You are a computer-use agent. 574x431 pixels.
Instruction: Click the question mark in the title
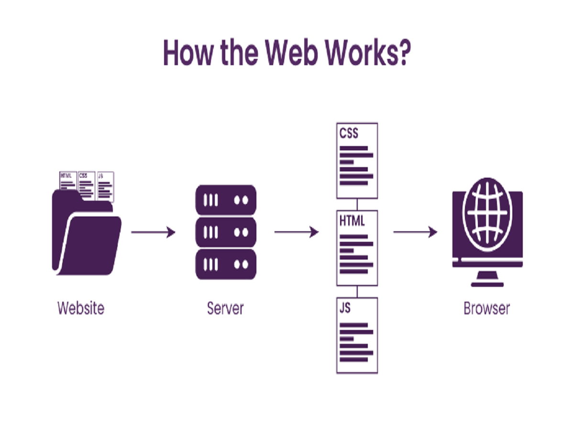pos(401,52)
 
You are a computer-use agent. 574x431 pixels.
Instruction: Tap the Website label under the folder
pos(80,307)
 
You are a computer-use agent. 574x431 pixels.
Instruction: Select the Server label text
pos(225,307)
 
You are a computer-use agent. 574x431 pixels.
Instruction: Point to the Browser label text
pos(486,307)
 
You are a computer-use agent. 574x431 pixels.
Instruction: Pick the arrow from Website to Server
pos(153,233)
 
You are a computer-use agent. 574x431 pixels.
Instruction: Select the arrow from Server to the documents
pos(296,233)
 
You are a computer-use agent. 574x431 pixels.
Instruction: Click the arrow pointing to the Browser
pos(415,233)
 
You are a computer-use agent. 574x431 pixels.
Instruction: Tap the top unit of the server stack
pos(225,200)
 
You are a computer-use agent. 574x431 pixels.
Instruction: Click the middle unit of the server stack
pos(225,232)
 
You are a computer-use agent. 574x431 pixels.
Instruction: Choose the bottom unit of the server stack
pos(225,264)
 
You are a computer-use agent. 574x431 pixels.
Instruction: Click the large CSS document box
pos(357,161)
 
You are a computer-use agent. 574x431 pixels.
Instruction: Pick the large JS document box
pos(357,335)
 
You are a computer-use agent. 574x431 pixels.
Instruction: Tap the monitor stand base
pos(487,284)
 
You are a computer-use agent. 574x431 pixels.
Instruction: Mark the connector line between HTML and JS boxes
pos(357,292)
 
